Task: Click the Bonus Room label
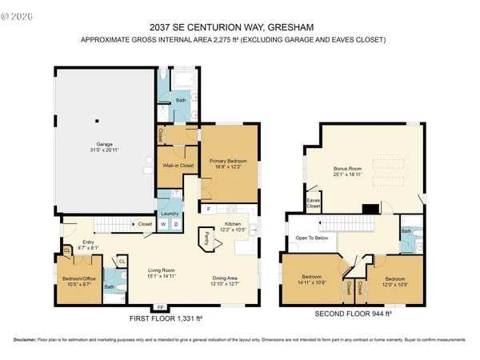pos(349,170)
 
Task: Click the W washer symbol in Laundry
pos(164,224)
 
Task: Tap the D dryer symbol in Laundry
pos(176,224)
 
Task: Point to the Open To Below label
pos(313,238)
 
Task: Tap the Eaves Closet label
pos(313,203)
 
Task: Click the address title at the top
pos(239,26)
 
